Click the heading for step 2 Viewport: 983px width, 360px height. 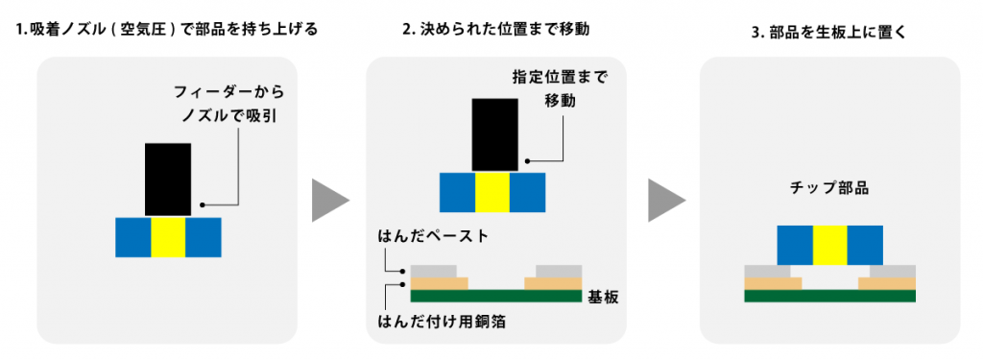(495, 30)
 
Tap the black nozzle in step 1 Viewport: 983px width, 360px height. (168, 179)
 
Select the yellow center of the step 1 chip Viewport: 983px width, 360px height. (168, 237)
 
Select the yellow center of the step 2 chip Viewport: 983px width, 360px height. (492, 192)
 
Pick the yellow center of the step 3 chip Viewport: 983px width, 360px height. (830, 245)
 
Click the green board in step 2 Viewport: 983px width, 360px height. (495, 296)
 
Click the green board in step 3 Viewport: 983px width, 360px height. (830, 296)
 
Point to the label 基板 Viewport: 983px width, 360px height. (602, 298)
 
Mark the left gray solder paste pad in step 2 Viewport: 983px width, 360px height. (434, 270)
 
